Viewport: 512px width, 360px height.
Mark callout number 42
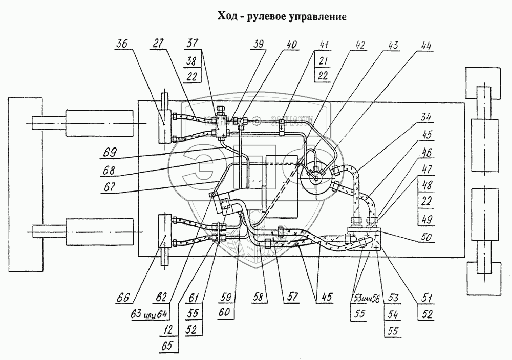coord(361,45)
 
